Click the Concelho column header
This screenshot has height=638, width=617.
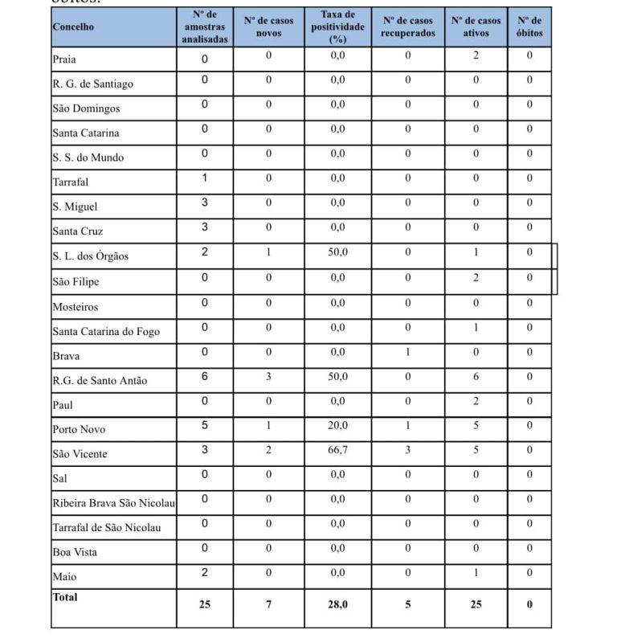[73, 27]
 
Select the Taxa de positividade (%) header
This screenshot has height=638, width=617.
[337, 27]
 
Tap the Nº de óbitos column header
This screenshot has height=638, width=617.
[529, 27]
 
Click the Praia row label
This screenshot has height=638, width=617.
[64, 59]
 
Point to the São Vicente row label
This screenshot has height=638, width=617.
[80, 454]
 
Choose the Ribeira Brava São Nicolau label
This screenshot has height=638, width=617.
[113, 503]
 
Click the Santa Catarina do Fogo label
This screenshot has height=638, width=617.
[106, 331]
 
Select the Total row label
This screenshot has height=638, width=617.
[65, 597]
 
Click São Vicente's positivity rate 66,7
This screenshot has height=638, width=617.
[337, 450]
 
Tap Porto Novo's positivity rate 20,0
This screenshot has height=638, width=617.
[337, 426]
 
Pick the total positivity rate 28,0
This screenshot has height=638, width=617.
[337, 604]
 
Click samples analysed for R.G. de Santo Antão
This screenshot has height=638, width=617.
[205, 376]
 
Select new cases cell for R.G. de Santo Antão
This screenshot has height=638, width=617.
[269, 376]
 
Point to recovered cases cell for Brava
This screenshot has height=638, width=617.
[408, 352]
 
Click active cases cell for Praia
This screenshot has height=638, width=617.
[476, 55]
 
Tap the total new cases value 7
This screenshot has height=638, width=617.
[269, 604]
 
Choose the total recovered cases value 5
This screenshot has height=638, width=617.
[408, 604]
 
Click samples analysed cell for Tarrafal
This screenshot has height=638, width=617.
[205, 178]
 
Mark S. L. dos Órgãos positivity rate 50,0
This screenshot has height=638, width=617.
[337, 252]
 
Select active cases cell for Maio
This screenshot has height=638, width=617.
[476, 572]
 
